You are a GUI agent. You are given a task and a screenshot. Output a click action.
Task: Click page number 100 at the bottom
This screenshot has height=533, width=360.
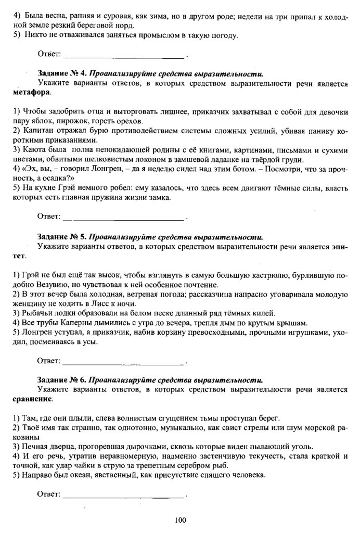click(181, 519)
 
